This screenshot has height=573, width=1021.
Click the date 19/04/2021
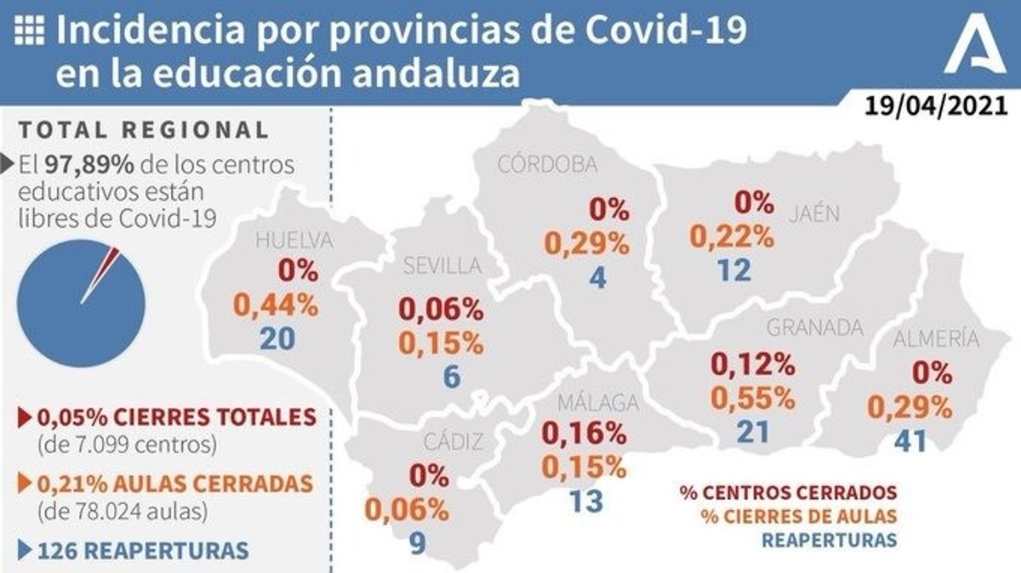click(x=935, y=106)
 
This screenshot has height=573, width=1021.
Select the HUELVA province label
click(x=294, y=241)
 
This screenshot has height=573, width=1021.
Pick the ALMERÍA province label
click(x=936, y=339)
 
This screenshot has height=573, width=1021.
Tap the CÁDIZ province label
click(x=453, y=442)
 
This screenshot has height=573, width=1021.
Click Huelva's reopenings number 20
click(x=279, y=338)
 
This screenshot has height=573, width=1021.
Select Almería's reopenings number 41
click(x=910, y=442)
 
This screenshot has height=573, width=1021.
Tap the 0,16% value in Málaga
click(x=585, y=434)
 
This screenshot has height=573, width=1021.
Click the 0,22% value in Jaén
click(x=732, y=235)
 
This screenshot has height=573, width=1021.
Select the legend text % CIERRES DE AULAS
click(x=799, y=516)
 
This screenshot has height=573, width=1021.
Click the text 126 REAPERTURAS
click(x=143, y=550)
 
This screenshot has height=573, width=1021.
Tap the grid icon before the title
click(x=31, y=31)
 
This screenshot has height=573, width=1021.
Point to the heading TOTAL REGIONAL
click(x=144, y=130)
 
